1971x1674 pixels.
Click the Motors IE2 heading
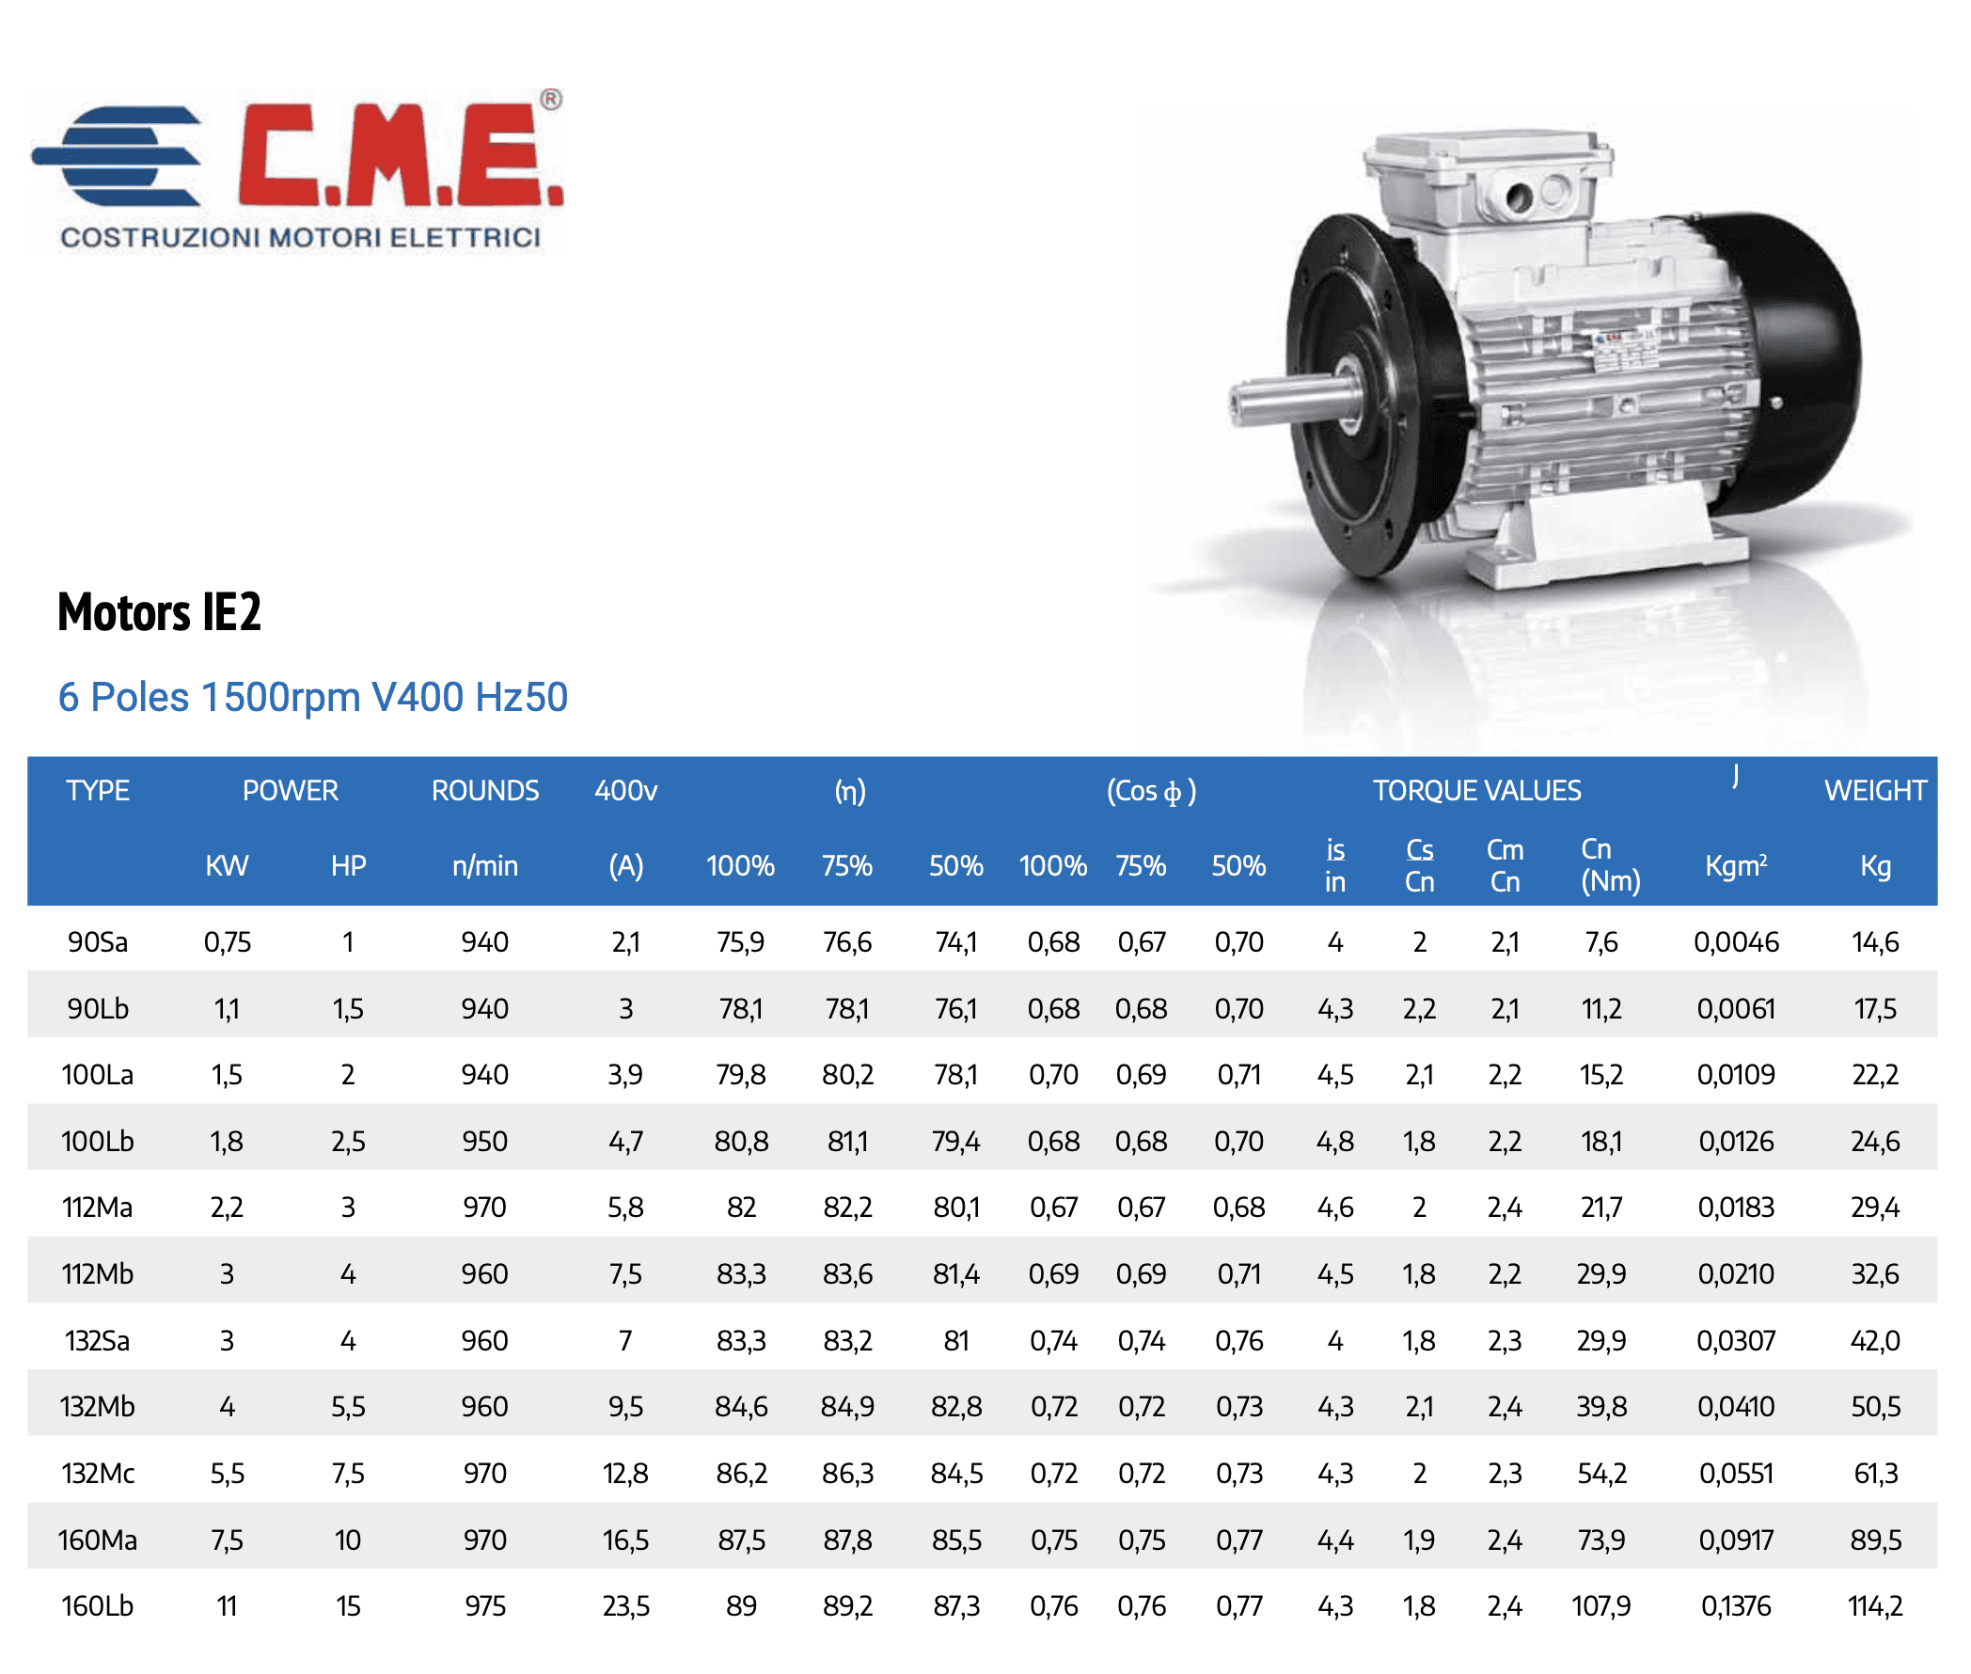point(160,612)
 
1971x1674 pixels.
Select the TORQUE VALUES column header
point(1476,791)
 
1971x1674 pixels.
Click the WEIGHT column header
point(1874,791)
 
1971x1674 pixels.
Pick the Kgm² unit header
point(1736,865)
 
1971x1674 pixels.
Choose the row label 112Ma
point(97,1208)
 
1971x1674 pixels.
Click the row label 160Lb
point(97,1605)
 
